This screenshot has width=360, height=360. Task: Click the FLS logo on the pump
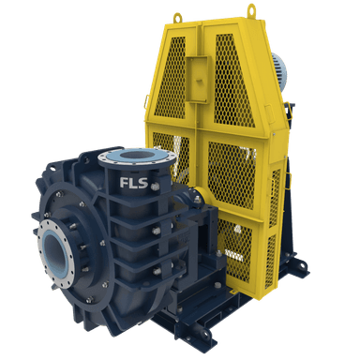(x=133, y=183)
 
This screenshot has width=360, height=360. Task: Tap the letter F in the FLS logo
(x=124, y=183)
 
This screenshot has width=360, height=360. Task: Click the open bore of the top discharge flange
(x=135, y=155)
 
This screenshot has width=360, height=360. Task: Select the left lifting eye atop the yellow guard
(x=177, y=18)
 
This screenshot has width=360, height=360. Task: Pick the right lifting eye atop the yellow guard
(x=251, y=10)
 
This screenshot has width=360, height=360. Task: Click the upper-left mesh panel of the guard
(x=171, y=77)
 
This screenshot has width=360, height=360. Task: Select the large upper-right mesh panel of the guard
(x=232, y=82)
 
